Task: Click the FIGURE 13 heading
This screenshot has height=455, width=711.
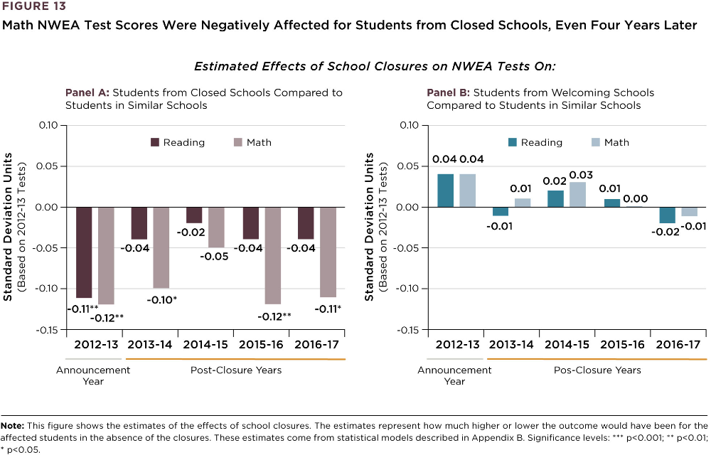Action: point(34,7)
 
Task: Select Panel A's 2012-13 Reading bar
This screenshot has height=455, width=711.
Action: point(84,252)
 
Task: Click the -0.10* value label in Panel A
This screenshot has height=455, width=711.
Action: point(161,300)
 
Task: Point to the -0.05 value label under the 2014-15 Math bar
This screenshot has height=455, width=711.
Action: point(216,256)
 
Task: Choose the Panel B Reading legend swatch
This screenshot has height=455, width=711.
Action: point(512,142)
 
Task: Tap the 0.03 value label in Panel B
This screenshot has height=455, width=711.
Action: point(581,175)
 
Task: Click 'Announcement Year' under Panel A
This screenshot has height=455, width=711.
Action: point(93,375)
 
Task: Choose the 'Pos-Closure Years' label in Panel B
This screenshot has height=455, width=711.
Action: point(597,370)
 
